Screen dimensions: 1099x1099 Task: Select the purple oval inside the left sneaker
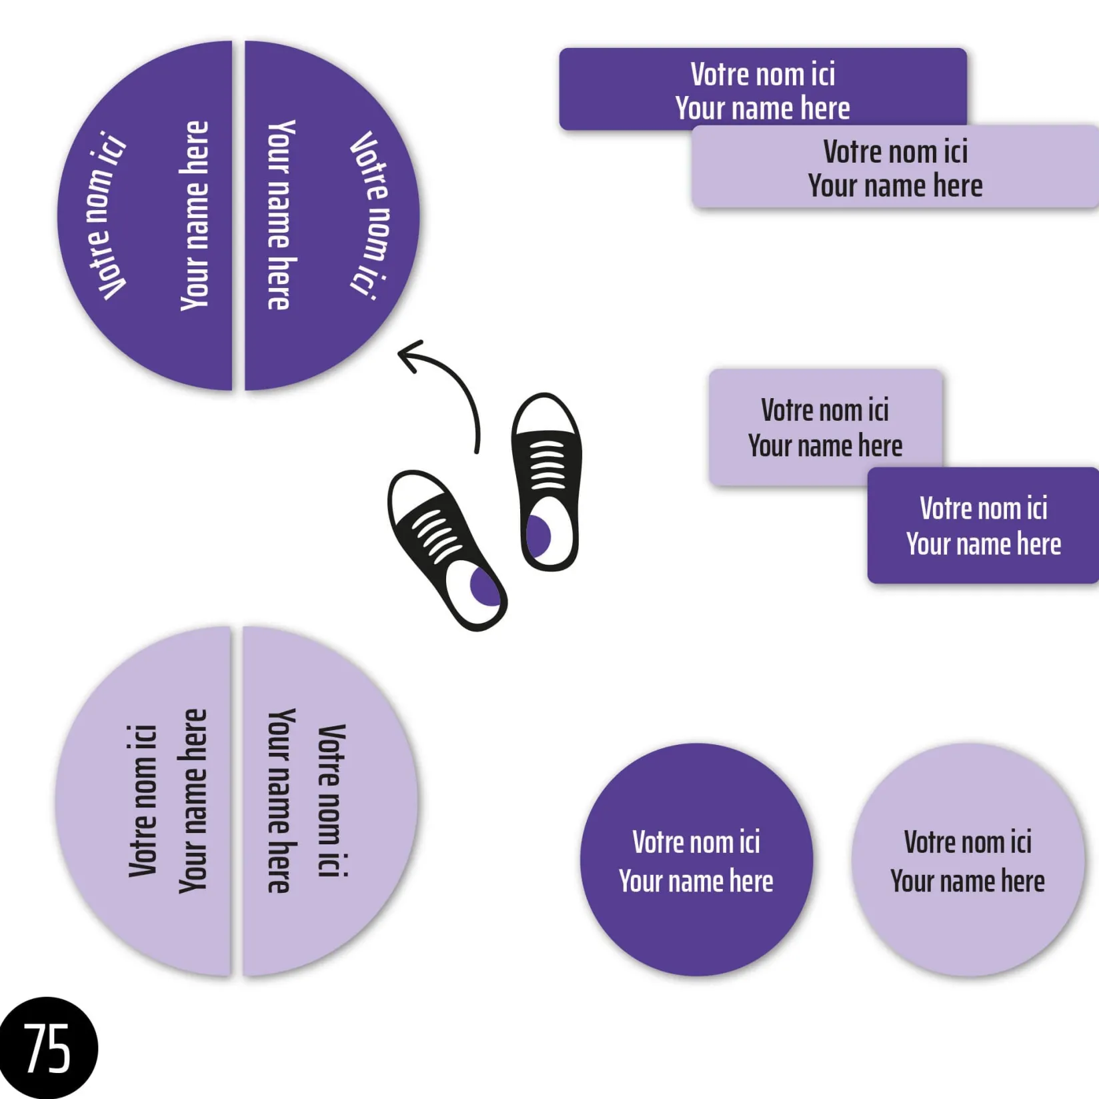click(x=485, y=587)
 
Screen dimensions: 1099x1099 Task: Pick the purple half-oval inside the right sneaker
click(x=537, y=535)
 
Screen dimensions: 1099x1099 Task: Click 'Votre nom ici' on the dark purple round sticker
click(x=696, y=842)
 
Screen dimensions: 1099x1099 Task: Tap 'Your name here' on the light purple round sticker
click(x=967, y=881)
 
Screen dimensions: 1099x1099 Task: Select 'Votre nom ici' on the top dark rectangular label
click(x=762, y=74)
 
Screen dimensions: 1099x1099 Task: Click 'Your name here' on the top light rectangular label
click(x=895, y=185)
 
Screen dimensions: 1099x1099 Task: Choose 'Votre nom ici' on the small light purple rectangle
click(x=825, y=410)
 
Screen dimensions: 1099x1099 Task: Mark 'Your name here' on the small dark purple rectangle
click(x=983, y=544)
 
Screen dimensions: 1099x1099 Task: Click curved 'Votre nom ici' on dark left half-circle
click(x=107, y=215)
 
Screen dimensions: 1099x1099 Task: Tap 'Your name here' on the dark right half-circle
click(x=280, y=215)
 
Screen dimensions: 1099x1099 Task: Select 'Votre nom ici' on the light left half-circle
click(x=142, y=800)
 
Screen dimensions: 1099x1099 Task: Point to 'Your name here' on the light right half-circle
click(x=280, y=800)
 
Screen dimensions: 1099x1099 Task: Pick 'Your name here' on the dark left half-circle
click(x=195, y=215)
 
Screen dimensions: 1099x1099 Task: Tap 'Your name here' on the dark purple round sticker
click(x=696, y=881)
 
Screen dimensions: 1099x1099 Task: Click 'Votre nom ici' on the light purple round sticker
click(x=967, y=842)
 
